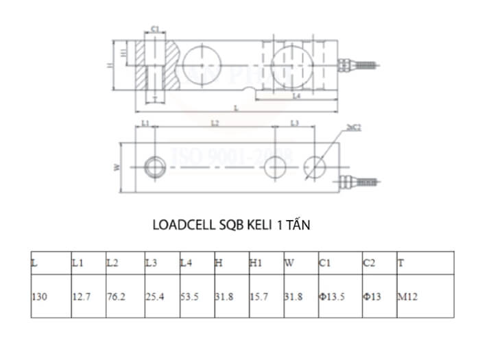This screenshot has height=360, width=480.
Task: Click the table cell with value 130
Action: pos(40,297)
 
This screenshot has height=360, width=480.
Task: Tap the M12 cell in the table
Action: pos(407,297)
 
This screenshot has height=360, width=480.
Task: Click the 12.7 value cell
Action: pos(80,297)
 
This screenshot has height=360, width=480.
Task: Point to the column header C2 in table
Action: pos(369,263)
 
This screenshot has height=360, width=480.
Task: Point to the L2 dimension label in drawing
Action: pos(215,123)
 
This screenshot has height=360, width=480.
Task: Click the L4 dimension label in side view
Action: pos(296,97)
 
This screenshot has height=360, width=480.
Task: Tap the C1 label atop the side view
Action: pos(155,29)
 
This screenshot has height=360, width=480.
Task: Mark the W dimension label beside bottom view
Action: pos(117,167)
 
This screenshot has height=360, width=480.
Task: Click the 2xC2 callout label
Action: pos(354,128)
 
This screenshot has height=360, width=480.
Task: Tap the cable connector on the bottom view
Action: pos(359,182)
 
